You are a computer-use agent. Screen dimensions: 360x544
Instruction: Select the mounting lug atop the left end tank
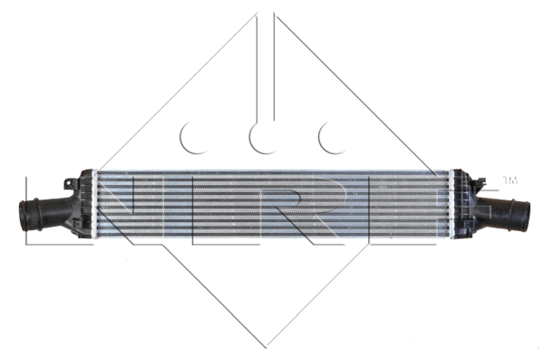pos(87,172)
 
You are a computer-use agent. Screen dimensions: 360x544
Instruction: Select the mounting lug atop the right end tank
pos(459,172)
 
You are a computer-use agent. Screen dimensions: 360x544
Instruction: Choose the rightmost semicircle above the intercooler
pos(334,137)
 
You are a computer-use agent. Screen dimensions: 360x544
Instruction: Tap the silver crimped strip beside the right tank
pos(451,208)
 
